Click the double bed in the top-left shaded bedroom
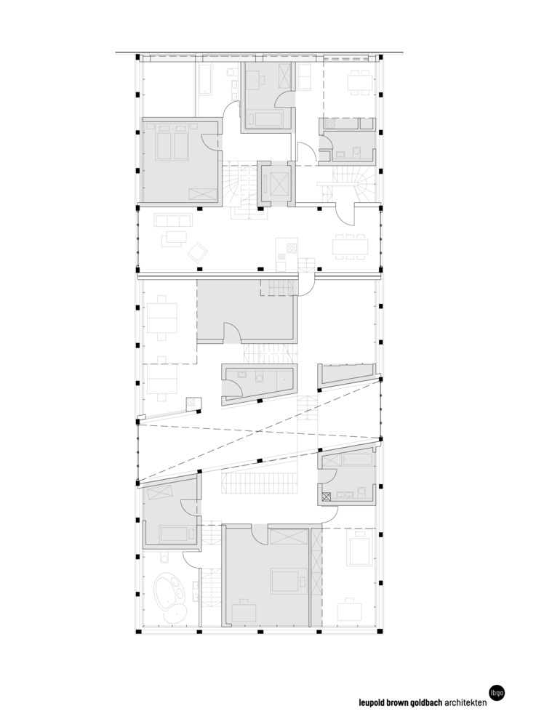click(x=172, y=142)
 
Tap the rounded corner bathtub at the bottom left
click(x=170, y=592)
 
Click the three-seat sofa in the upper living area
click(x=172, y=220)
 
